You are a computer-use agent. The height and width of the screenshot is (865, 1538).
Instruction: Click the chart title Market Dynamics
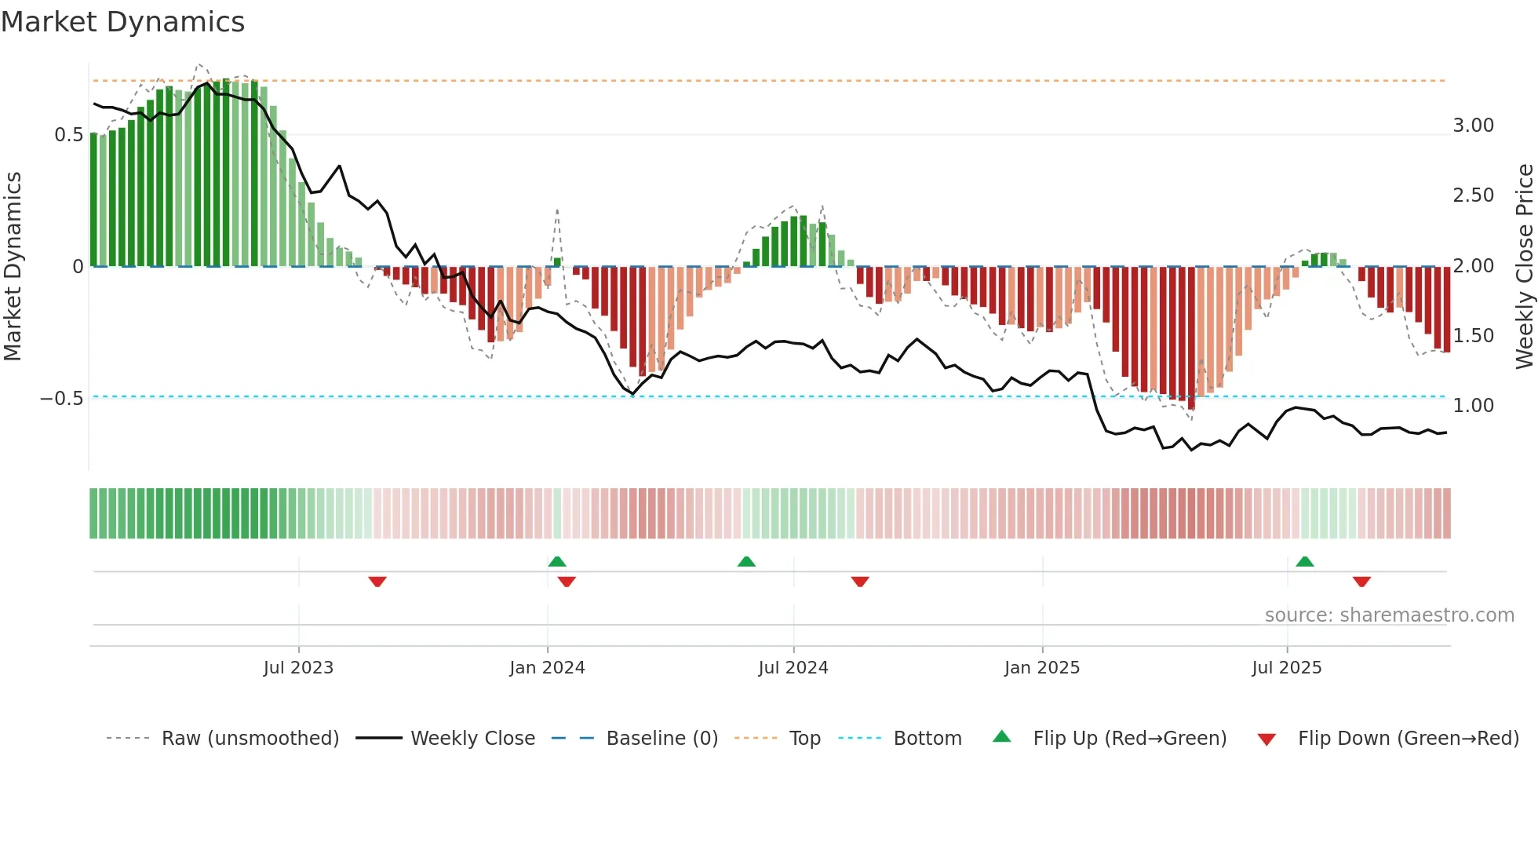coord(122,22)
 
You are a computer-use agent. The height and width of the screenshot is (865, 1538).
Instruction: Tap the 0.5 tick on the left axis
coord(68,135)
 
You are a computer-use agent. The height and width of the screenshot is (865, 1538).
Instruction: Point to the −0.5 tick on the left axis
coord(61,399)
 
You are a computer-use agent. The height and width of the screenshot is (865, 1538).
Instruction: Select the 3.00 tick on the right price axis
coord(1473,126)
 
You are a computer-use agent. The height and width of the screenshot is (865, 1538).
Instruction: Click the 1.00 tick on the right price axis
coord(1473,406)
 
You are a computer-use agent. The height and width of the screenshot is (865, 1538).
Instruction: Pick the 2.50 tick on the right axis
coord(1473,195)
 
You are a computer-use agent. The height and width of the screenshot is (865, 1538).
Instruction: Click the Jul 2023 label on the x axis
coord(298,668)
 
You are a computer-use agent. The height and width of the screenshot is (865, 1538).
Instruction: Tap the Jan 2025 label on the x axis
coord(1041,668)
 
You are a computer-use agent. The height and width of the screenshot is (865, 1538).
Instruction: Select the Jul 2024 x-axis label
coord(793,668)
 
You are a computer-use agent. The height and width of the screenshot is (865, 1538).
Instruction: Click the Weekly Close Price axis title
coord(1524,266)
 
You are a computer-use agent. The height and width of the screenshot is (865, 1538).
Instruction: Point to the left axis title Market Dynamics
coord(13,266)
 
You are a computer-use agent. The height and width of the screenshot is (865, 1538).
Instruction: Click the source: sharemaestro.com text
coord(1389,615)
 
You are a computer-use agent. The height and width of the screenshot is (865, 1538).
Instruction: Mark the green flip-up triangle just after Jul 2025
coord(1304,562)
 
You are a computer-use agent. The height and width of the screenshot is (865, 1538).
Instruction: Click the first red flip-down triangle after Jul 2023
coord(377,581)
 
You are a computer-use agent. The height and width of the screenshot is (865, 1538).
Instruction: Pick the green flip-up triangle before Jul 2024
coord(746,562)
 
